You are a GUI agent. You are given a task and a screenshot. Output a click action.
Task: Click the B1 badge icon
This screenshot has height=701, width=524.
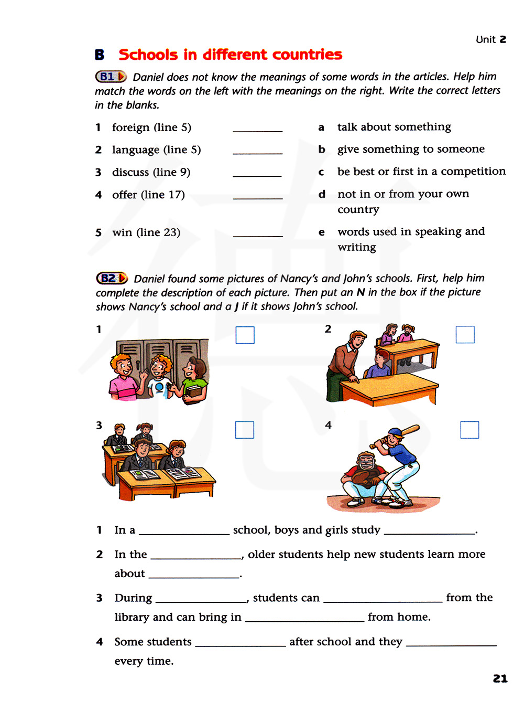111,77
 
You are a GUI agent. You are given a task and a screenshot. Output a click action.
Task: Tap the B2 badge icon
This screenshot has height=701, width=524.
112,278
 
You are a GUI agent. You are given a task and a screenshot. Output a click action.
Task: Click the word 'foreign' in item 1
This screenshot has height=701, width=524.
130,128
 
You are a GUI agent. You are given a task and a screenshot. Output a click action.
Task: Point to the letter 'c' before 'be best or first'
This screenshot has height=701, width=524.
321,172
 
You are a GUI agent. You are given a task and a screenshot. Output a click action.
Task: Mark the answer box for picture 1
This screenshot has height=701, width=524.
245,335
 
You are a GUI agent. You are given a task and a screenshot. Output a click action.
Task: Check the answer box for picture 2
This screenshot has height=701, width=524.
465,334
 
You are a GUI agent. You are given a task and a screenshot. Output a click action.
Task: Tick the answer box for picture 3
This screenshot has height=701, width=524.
244,430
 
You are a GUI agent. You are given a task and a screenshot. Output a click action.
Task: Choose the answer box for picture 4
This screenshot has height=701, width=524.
469,430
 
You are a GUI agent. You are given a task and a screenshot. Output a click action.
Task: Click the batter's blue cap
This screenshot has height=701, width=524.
394,433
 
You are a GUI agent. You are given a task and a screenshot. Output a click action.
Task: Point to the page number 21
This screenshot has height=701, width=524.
500,678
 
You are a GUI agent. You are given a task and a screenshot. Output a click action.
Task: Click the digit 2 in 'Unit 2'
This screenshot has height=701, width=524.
503,39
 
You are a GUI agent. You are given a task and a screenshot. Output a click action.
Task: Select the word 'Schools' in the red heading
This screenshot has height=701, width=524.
148,55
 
